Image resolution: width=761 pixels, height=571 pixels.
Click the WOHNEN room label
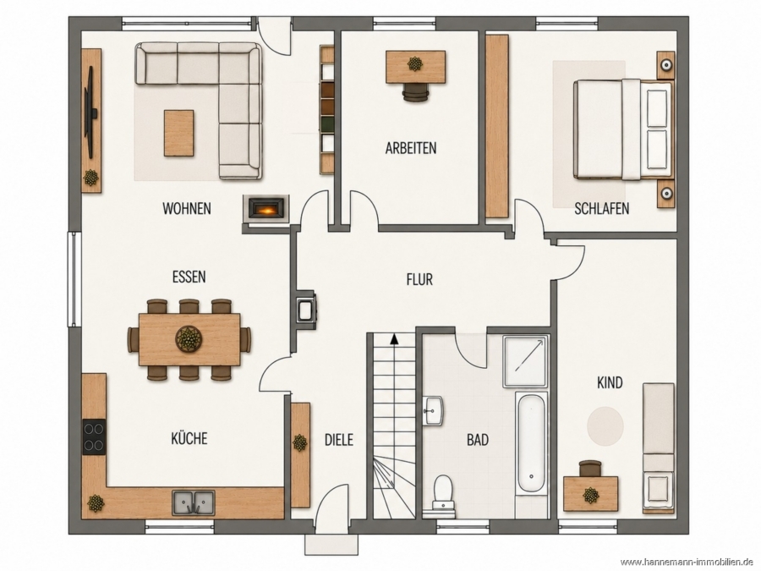[187, 208]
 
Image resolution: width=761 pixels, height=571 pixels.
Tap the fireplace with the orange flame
[266, 209]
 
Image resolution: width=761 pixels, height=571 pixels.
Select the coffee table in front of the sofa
[178, 133]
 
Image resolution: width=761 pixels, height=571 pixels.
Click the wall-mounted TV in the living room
[90, 113]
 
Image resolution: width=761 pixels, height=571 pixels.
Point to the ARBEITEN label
[411, 147]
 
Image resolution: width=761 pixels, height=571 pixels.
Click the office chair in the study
[415, 91]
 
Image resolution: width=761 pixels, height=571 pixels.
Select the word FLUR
[419, 280]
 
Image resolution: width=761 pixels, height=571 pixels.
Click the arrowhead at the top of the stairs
[394, 339]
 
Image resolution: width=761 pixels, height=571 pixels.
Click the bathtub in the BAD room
[532, 444]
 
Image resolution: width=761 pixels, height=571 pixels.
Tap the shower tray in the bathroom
[526, 360]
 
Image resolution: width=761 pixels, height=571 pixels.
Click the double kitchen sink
[194, 502]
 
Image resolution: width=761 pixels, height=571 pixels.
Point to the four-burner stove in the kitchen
[94, 436]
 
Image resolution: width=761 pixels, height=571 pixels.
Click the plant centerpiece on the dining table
[189, 338]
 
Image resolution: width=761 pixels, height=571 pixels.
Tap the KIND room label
[610, 383]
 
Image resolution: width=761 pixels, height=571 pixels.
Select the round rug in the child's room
[605, 426]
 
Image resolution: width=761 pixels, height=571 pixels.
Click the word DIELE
[339, 439]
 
